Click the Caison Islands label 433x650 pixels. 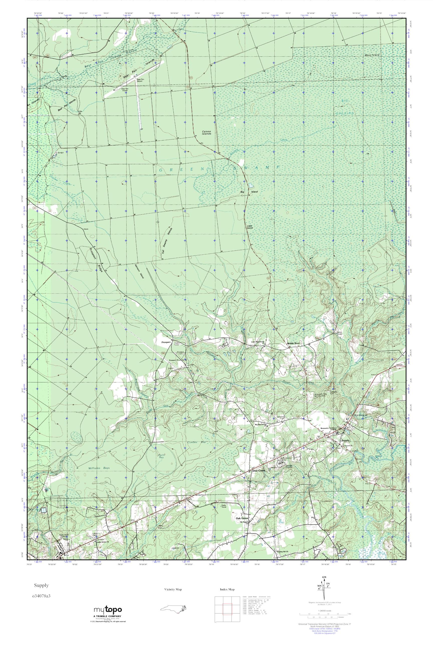coord(206,132)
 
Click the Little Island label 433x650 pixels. coord(250,227)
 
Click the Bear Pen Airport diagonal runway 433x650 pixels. coord(133,80)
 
